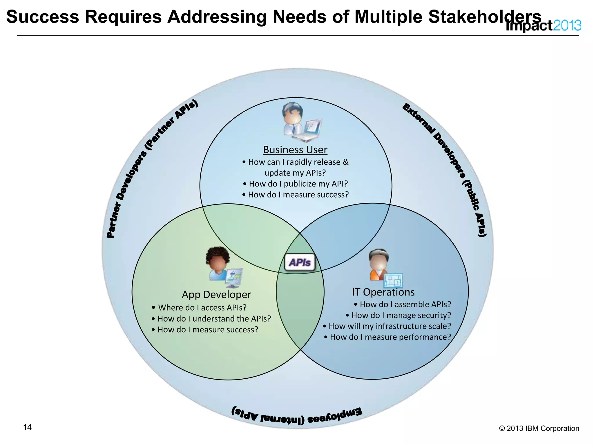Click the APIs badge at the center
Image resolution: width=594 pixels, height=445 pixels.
(300, 262)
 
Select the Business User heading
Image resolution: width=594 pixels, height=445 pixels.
(295, 150)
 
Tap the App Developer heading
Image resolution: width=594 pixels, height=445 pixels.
(216, 294)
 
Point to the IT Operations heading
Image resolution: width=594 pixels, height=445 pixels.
(383, 292)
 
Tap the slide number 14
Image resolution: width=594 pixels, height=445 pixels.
(27, 427)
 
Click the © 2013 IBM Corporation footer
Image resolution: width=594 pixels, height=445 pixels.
(539, 428)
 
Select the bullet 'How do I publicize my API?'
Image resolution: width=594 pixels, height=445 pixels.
(295, 184)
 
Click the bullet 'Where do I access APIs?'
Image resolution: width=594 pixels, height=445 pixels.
(199, 307)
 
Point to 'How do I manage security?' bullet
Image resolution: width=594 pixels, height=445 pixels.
(399, 315)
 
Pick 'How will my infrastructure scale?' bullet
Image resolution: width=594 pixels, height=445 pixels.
(387, 326)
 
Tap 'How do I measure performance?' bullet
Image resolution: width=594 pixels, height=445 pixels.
(387, 337)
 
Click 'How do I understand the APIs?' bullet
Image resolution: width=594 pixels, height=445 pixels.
(211, 319)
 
